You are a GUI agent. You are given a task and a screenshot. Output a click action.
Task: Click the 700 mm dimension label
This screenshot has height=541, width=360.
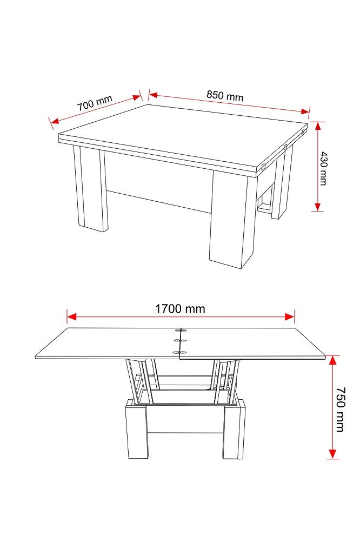(95, 103)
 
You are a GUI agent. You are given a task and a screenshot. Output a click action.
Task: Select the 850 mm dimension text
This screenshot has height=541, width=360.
(225, 96)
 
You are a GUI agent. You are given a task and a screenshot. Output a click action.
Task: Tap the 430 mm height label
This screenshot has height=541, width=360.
(323, 168)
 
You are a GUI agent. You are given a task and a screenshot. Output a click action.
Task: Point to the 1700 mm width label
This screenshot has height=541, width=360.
(180, 308)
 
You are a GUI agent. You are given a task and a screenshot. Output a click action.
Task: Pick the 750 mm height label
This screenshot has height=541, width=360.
(341, 410)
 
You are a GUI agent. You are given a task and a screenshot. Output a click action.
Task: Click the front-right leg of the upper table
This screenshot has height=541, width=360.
(228, 220)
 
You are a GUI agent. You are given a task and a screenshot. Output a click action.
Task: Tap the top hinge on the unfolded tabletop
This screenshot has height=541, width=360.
(180, 331)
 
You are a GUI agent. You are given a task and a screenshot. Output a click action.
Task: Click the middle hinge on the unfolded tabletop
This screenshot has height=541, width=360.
(180, 341)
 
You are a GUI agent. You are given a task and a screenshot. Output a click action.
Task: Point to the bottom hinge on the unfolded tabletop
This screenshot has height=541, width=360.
(180, 352)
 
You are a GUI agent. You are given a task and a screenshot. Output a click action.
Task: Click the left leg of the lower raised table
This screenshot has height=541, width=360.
(136, 430)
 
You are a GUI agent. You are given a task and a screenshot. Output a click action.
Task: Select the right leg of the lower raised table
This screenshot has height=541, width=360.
(234, 430)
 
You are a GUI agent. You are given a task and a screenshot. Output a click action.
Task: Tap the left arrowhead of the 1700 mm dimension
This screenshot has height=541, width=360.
(71, 316)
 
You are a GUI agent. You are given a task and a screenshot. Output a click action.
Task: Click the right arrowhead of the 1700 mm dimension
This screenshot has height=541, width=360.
(289, 316)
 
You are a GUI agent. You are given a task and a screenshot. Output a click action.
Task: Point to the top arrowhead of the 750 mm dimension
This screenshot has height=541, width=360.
(332, 360)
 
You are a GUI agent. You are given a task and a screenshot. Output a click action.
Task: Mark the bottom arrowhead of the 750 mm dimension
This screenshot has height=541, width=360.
(332, 454)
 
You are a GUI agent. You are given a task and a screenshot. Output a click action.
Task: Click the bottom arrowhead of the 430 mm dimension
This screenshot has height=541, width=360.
(318, 206)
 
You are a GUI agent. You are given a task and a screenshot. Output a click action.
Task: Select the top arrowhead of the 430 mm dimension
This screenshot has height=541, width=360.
(318, 126)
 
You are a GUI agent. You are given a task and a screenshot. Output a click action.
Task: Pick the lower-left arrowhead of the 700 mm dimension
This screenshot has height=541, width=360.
(55, 121)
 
